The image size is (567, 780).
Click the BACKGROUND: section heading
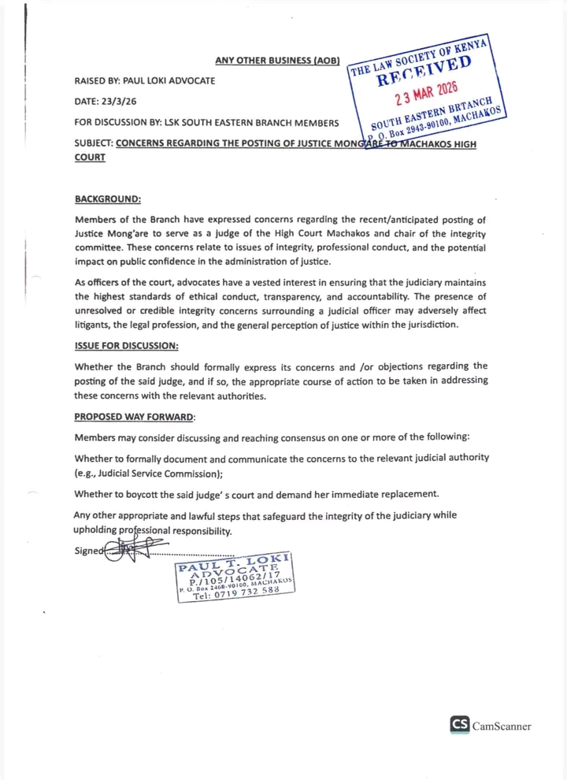(108, 200)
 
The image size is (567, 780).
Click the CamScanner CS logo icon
(460, 726)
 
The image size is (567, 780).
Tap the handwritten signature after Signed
(126, 549)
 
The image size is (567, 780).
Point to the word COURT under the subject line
(90, 158)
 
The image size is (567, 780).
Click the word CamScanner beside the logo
(502, 726)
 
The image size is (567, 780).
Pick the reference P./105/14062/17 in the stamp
(235, 581)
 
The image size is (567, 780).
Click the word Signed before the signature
(89, 551)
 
